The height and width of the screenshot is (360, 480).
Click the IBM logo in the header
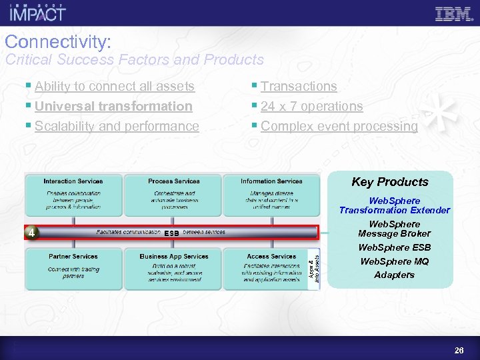pyautogui.click(x=453, y=13)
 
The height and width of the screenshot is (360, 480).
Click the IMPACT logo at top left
pyautogui.click(x=38, y=13)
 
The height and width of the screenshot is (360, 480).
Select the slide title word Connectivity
pyautogui.click(x=57, y=42)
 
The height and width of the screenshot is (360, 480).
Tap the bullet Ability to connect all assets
pyautogui.click(x=114, y=86)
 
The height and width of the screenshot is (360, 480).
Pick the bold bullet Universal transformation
pyautogui.click(x=113, y=106)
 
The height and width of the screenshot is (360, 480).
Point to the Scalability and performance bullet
pyautogui.click(x=117, y=126)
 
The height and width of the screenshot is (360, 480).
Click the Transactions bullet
pyautogui.click(x=299, y=86)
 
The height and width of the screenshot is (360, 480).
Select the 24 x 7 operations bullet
pyautogui.click(x=311, y=106)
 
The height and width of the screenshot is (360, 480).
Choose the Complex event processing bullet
pyautogui.click(x=339, y=126)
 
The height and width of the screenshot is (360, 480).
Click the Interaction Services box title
pyautogui.click(x=73, y=181)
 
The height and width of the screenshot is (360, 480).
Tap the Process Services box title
pyautogui.click(x=173, y=181)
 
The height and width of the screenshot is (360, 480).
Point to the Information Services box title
pyautogui.click(x=271, y=181)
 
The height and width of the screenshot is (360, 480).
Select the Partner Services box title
pyautogui.click(x=73, y=256)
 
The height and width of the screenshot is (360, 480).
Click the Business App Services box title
pyautogui.click(x=173, y=256)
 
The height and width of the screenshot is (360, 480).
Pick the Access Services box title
pyautogui.click(x=271, y=256)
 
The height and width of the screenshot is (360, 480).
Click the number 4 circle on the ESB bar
pyautogui.click(x=31, y=233)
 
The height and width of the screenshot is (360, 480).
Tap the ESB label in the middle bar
pyautogui.click(x=171, y=233)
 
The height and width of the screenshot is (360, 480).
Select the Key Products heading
pyautogui.click(x=390, y=182)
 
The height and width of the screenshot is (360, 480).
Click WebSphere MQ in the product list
pyautogui.click(x=395, y=261)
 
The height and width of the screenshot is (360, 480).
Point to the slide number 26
pyautogui.click(x=459, y=350)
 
